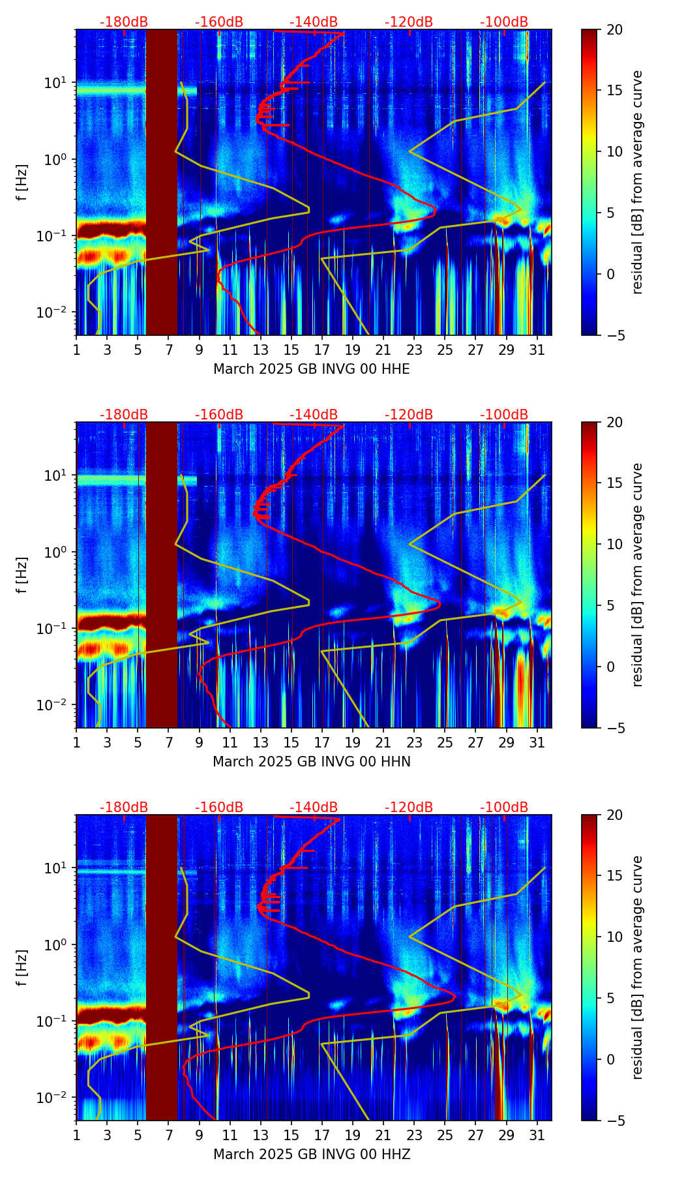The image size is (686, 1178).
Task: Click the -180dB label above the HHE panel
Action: [x=124, y=22]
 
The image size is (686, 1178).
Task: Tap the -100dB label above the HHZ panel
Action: [x=504, y=808]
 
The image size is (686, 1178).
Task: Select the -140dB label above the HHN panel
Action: [x=314, y=415]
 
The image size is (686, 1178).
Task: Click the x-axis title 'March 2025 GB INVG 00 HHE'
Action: [x=312, y=369]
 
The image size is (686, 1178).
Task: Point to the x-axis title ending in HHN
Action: [x=312, y=762]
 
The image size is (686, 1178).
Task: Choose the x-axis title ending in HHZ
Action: [x=312, y=1155]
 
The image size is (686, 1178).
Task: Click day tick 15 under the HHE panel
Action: [x=291, y=350]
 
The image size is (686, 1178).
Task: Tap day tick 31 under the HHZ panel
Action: [x=537, y=1136]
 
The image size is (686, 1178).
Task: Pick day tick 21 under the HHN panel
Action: [x=383, y=743]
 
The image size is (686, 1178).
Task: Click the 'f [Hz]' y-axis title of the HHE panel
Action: [x=22, y=183]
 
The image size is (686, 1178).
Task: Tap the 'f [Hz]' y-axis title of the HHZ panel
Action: [x=22, y=968]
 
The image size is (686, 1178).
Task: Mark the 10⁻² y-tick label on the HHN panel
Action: [x=55, y=705]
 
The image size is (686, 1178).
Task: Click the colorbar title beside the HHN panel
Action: [x=638, y=575]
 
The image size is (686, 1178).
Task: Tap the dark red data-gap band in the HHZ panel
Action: [x=161, y=967]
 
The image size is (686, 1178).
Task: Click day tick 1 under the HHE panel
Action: [x=77, y=350]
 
